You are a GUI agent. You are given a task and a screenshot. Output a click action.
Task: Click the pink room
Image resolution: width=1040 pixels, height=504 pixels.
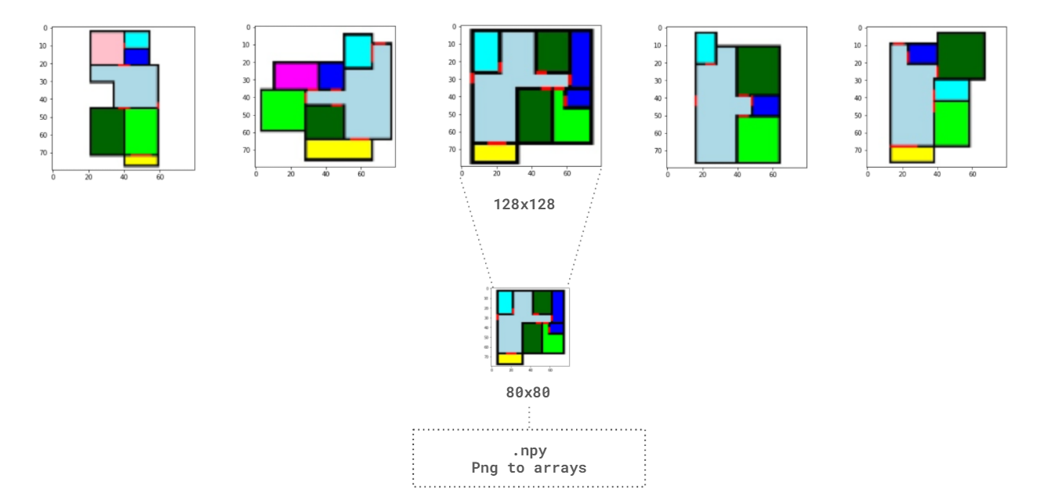pyautogui.click(x=107, y=48)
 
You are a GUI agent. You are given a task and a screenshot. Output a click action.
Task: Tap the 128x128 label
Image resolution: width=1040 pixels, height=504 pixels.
pyautogui.click(x=524, y=205)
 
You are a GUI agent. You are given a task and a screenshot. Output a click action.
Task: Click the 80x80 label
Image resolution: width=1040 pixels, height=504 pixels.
pyautogui.click(x=528, y=393)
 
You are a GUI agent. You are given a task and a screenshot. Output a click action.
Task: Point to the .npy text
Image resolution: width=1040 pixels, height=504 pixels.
pyautogui.click(x=528, y=451)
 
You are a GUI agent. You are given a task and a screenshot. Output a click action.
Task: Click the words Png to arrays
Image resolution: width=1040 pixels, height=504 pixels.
pyautogui.click(x=528, y=468)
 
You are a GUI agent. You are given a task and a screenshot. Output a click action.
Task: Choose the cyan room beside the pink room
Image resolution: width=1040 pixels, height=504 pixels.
pyautogui.click(x=136, y=39)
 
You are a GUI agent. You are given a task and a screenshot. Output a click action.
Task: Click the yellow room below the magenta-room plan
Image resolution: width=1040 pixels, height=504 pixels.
pyautogui.click(x=339, y=149)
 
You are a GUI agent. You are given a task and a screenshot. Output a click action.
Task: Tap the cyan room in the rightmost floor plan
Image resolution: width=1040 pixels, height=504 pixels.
pyautogui.click(x=951, y=90)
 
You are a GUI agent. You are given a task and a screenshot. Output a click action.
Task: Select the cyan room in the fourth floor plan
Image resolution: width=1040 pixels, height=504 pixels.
pyautogui.click(x=705, y=48)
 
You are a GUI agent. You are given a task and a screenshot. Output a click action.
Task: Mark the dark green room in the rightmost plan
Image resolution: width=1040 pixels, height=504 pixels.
pyautogui.click(x=961, y=56)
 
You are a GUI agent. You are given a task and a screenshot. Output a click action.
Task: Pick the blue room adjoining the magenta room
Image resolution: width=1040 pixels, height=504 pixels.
pyautogui.click(x=331, y=76)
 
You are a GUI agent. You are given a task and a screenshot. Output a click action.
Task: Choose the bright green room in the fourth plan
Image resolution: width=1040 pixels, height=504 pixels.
pyautogui.click(x=758, y=140)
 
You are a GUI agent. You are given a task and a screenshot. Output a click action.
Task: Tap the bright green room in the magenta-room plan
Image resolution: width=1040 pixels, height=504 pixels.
pyautogui.click(x=283, y=111)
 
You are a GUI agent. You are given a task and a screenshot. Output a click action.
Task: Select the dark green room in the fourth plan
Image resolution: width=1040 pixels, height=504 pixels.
pyautogui.click(x=758, y=71)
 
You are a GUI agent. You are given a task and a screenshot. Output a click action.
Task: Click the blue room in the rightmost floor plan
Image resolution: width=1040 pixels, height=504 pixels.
pyautogui.click(x=922, y=53)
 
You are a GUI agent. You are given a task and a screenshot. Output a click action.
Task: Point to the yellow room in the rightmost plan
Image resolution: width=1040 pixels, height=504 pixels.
pyautogui.click(x=911, y=154)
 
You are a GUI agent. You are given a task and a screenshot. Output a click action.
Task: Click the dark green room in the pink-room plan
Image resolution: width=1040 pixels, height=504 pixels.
pyautogui.click(x=107, y=131)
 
